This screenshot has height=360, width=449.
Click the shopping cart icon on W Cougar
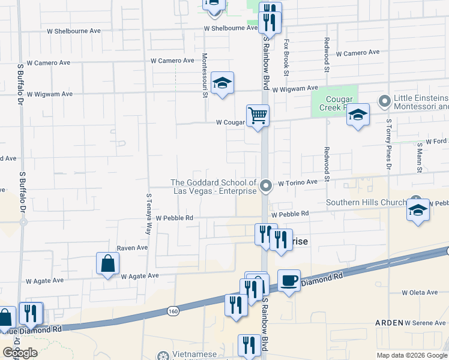pyautogui.click(x=258, y=115)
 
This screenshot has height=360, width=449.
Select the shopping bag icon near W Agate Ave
pyautogui.click(x=107, y=263)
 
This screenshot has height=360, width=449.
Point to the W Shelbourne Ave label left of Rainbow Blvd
pyautogui.click(x=231, y=28)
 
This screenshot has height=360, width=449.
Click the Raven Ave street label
pyautogui.click(x=132, y=247)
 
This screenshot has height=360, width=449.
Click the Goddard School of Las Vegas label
pyautogui.click(x=214, y=187)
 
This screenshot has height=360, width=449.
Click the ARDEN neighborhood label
pyautogui.click(x=388, y=323)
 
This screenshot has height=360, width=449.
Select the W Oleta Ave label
pyautogui.click(x=420, y=293)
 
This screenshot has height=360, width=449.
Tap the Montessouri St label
pyautogui.click(x=205, y=70)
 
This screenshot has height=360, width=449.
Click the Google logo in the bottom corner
pyautogui.click(x=20, y=353)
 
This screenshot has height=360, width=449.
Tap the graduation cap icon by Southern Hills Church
pyautogui.click(x=418, y=211)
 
